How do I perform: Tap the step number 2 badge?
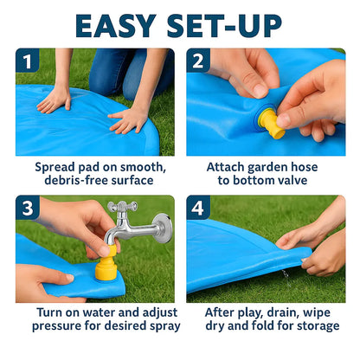coord(199,61)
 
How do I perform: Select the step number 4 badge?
coord(199,209)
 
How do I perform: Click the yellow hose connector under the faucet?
coord(106,267)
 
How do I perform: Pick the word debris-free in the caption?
coord(65,181)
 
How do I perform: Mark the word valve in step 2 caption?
coord(297,181)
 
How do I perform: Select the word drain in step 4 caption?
coord(282,312)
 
